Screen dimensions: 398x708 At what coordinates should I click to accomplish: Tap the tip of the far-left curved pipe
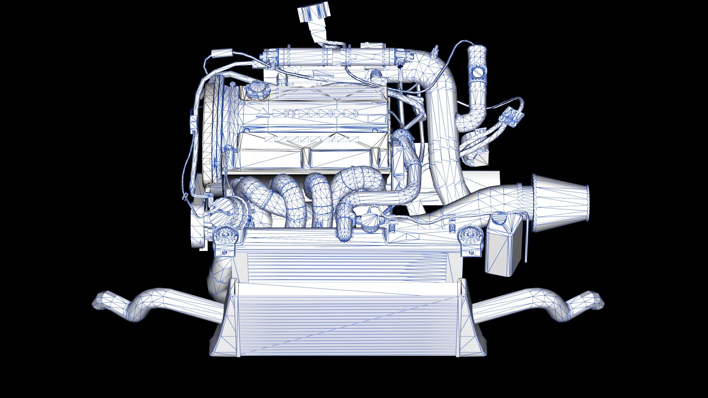coord(100,301)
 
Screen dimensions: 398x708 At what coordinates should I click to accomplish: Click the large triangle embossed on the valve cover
coord(263,114)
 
